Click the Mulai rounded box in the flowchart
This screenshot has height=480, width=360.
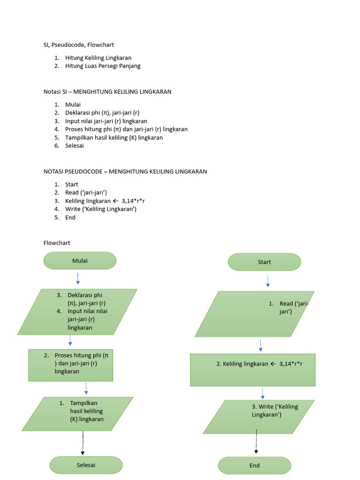click(80, 261)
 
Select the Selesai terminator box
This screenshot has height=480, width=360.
click(86, 465)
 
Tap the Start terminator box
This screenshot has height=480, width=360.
click(264, 262)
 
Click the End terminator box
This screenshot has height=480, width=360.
click(255, 465)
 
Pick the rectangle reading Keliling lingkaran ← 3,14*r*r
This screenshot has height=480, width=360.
click(253, 370)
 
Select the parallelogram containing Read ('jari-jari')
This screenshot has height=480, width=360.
click(255, 314)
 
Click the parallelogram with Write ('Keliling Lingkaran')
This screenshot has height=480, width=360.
click(258, 417)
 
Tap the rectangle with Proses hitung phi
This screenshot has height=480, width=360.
click(70, 365)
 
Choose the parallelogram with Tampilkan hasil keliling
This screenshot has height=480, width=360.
click(77, 414)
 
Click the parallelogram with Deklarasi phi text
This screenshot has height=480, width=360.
click(77, 312)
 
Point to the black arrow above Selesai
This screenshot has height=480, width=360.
click(83, 443)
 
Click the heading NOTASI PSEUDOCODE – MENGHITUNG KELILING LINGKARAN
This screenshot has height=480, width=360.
click(125, 172)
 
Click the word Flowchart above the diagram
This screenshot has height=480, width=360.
click(57, 243)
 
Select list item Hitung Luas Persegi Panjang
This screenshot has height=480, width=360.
click(103, 66)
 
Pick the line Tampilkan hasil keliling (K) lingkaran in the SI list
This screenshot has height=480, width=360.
click(114, 137)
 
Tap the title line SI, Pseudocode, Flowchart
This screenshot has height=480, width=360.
click(79, 45)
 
